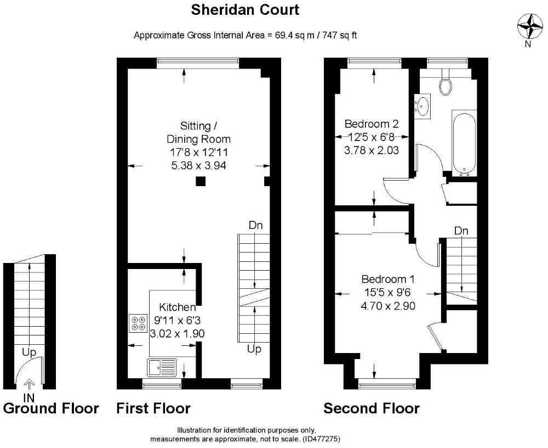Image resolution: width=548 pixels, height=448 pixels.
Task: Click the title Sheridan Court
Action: [x=245, y=10]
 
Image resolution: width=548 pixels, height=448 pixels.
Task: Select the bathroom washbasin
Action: [x=423, y=106]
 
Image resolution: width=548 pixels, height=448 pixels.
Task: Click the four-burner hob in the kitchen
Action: [x=138, y=323]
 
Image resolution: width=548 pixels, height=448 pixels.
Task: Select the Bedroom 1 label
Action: [x=387, y=278]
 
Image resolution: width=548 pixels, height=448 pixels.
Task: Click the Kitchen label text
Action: [x=177, y=307]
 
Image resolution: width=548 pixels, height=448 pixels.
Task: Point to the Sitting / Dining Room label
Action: [x=198, y=132]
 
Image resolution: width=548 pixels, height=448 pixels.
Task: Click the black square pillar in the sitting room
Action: [x=201, y=182]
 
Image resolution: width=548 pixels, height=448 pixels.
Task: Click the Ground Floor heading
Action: [x=51, y=408]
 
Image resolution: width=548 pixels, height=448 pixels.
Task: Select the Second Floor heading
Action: [x=371, y=408]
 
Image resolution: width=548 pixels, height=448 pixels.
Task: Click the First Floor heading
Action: [x=153, y=408]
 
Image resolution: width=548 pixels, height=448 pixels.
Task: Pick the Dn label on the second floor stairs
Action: [x=461, y=231]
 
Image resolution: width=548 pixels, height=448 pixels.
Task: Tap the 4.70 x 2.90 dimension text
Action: [x=387, y=306]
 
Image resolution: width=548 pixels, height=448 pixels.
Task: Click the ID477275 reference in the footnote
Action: [x=322, y=439]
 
